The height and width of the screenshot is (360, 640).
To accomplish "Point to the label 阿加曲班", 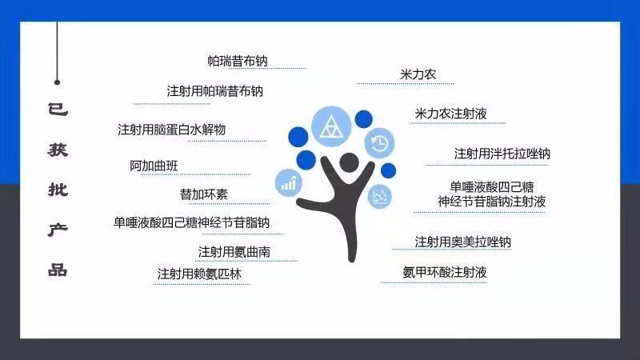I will (x=154, y=166).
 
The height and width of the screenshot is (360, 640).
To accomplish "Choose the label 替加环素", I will (x=202, y=194).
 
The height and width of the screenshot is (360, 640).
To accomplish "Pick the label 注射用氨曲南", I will (x=234, y=252).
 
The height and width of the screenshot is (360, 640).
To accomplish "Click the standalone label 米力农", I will (x=418, y=75).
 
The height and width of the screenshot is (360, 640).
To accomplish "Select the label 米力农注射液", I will (x=450, y=114).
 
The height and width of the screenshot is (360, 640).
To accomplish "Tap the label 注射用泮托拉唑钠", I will (x=502, y=153).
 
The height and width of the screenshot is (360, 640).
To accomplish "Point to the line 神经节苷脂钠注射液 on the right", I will (x=492, y=202).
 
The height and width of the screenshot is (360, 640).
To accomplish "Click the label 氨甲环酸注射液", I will (x=445, y=272).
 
